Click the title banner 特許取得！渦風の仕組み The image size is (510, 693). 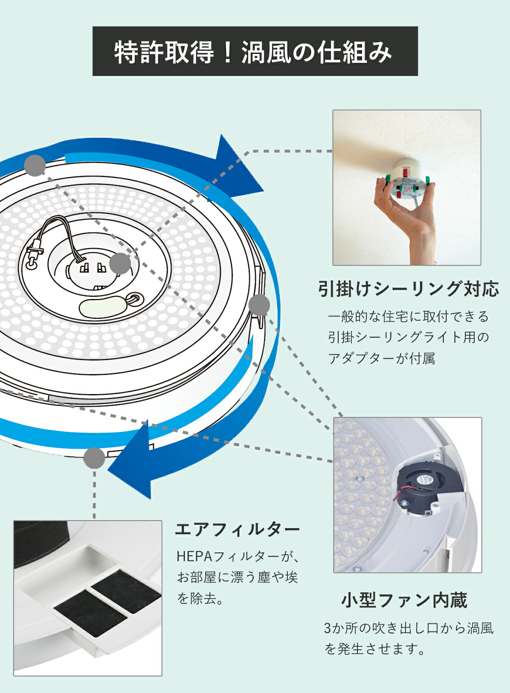pyautogui.click(x=255, y=51)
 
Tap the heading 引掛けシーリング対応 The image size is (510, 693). pyautogui.click(x=408, y=289)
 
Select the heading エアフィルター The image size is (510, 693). pyautogui.click(x=238, y=530)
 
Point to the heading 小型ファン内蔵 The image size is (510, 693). pyautogui.click(x=404, y=600)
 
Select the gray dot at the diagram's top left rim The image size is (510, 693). pyautogui.click(x=35, y=166)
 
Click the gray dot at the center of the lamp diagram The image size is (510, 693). pyautogui.click(x=120, y=264)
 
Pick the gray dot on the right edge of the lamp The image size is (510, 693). pyautogui.click(x=259, y=305)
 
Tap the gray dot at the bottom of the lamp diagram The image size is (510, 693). pyautogui.click(x=94, y=458)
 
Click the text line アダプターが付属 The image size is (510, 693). pyautogui.click(x=381, y=359)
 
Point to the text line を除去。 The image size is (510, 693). pyautogui.click(x=200, y=599)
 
